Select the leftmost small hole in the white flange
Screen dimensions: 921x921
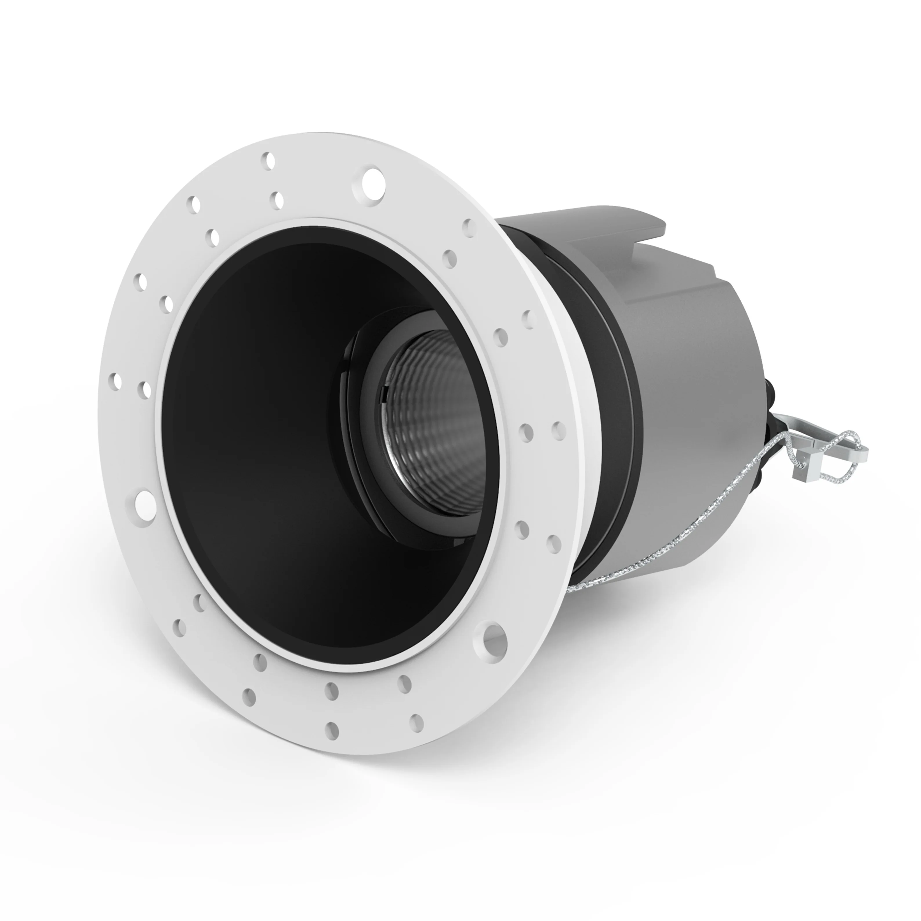click(115, 381)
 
